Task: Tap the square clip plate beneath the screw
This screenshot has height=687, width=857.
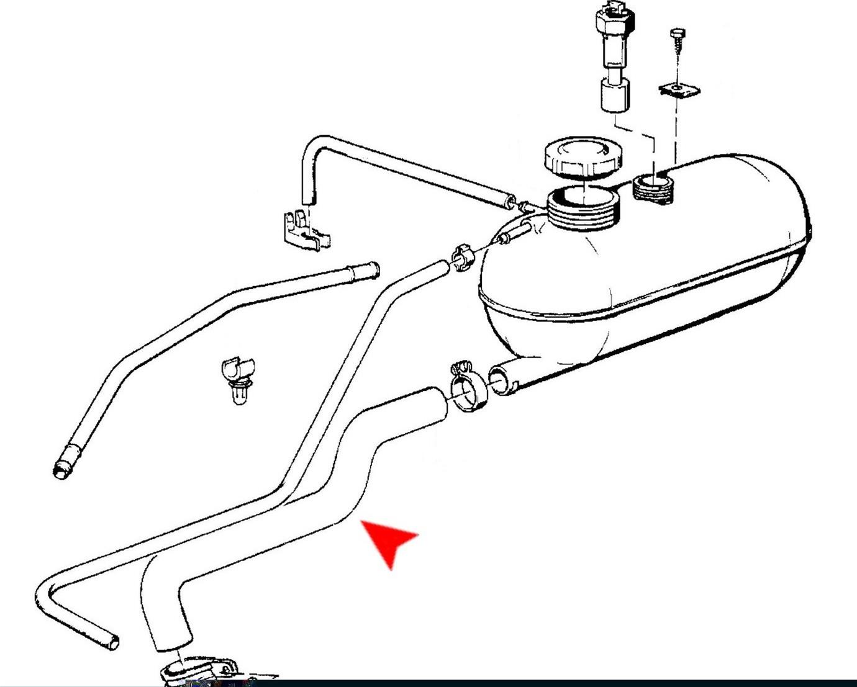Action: [679, 91]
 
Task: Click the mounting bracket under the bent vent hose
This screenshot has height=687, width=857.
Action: [304, 230]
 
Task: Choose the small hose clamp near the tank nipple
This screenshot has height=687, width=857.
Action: [461, 257]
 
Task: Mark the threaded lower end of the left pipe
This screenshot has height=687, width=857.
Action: [62, 467]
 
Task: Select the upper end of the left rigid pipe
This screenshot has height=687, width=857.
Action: [366, 270]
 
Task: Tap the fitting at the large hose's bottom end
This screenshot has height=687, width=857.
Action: [199, 670]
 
